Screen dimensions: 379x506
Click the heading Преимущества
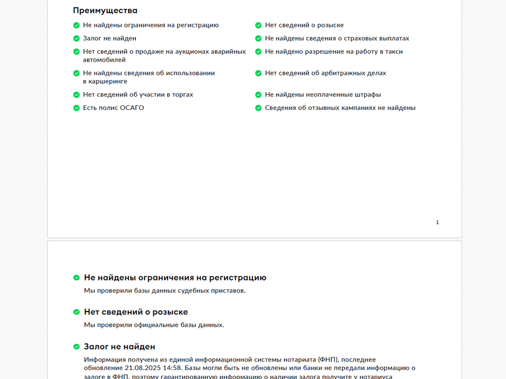click(105, 11)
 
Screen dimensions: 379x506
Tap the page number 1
click(437, 223)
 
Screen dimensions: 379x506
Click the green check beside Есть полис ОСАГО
click(76, 108)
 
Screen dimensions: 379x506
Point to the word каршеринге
click(105, 82)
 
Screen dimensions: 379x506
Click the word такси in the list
click(393, 52)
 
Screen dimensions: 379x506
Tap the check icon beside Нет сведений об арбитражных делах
click(258, 73)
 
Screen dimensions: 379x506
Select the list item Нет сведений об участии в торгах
click(138, 95)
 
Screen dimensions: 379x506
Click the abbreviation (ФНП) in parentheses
click(328, 360)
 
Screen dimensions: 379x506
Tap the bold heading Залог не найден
click(120, 346)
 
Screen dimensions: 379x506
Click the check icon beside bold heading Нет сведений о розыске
click(76, 312)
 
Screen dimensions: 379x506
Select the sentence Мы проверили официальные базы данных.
click(154, 325)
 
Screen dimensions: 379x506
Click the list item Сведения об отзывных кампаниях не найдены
click(340, 108)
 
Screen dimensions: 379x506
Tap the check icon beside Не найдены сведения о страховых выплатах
click(258, 38)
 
